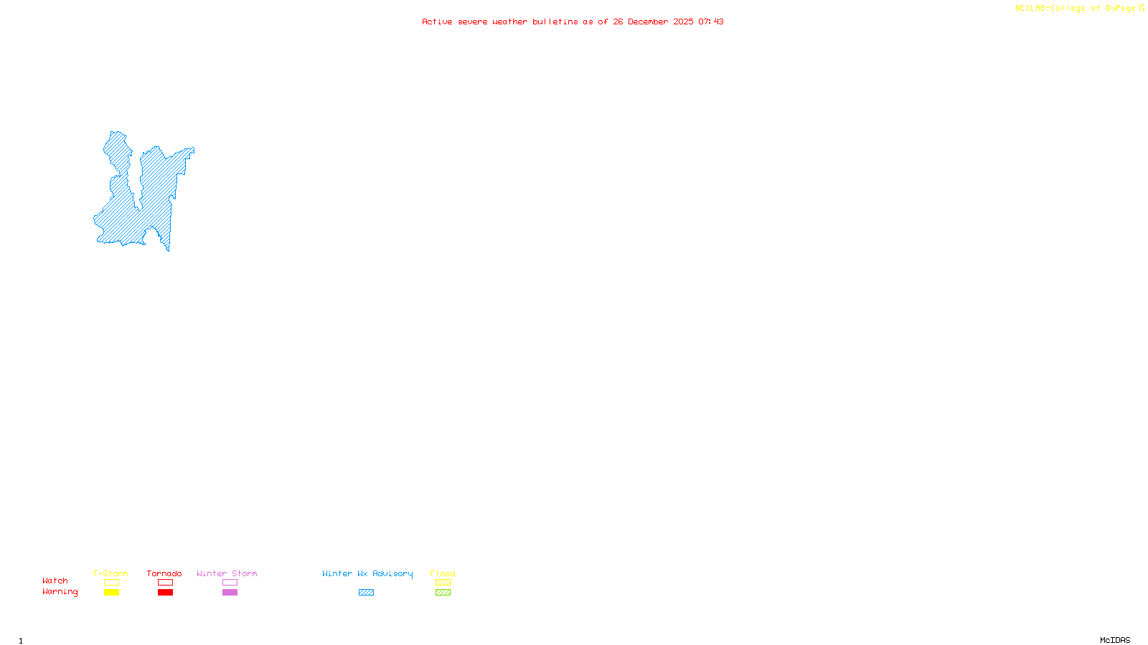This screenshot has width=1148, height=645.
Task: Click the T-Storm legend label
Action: pos(110,573)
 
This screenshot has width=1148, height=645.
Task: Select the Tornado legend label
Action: pos(164,573)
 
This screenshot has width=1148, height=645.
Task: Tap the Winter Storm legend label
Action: pos(227,573)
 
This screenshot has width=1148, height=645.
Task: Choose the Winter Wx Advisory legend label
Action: pos(367,573)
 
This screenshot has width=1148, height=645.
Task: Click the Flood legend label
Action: pos(443,573)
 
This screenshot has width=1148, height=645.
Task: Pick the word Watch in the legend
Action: pos(55,580)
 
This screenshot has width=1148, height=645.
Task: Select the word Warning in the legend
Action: pos(60,592)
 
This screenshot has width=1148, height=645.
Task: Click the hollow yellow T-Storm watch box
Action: pos(111,583)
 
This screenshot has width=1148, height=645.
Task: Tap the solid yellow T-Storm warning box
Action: pos(111,593)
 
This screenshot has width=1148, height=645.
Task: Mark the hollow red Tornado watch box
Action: pos(165,583)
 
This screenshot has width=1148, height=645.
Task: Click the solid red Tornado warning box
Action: pos(165,593)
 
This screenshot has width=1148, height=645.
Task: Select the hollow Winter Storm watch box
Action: pos(230,583)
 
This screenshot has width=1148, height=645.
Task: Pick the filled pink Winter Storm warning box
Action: pos(230,593)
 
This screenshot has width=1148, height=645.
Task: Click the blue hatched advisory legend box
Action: pos(366,593)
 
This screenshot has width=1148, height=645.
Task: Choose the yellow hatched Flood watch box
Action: pos(443,583)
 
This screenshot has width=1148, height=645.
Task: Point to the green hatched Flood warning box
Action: pos(443,593)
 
